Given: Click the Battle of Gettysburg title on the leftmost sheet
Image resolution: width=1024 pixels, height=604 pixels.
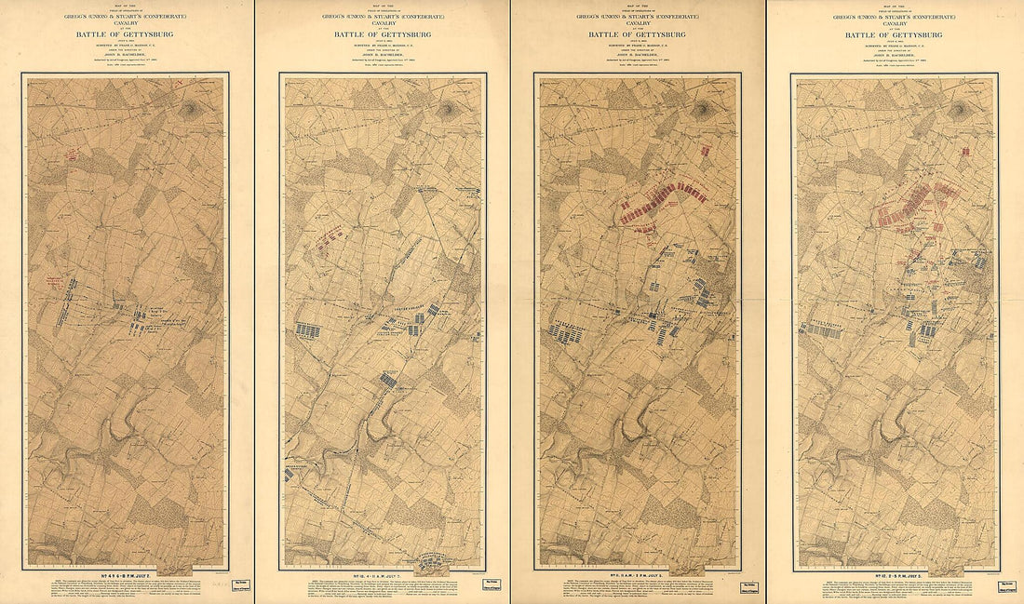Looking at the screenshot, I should [127, 36].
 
